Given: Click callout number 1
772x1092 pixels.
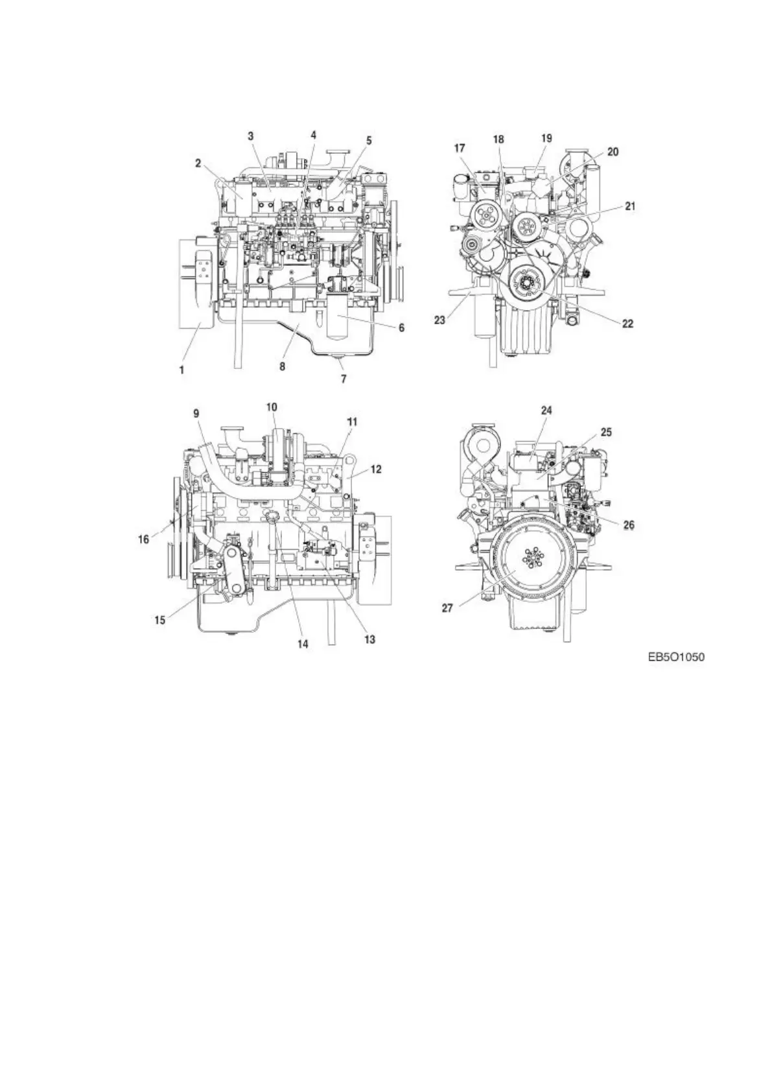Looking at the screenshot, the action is pyautogui.click(x=182, y=370).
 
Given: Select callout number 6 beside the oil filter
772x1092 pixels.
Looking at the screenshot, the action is pyautogui.click(x=401, y=328).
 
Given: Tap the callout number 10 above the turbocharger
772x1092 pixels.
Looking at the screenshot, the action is pyautogui.click(x=272, y=407).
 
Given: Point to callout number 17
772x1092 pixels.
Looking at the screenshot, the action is pyautogui.click(x=459, y=148).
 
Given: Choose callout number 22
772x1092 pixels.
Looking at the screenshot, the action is pyautogui.click(x=627, y=323).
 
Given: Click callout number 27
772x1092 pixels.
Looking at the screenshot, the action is pyautogui.click(x=447, y=608).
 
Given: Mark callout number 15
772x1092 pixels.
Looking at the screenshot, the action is pyautogui.click(x=159, y=620).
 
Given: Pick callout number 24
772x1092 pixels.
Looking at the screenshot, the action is pyautogui.click(x=546, y=410).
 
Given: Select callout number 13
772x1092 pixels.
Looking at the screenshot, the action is pyautogui.click(x=369, y=640).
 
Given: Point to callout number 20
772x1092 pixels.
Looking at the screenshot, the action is pyautogui.click(x=613, y=152).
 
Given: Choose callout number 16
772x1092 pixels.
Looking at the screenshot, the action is pyautogui.click(x=144, y=538).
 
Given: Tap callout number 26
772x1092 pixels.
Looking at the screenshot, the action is pyautogui.click(x=629, y=525).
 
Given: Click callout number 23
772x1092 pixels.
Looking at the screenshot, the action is pyautogui.click(x=440, y=320).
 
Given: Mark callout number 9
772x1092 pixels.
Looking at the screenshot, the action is pyautogui.click(x=196, y=412).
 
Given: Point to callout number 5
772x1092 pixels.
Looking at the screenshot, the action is pyautogui.click(x=369, y=139).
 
